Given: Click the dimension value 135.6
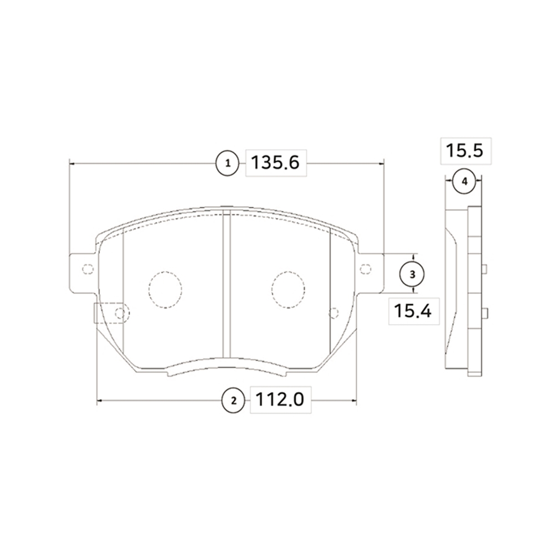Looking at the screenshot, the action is point(275,163).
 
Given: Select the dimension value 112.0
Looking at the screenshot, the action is point(279,399).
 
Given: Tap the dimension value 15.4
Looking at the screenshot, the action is point(413,311).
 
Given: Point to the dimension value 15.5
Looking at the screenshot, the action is point(464,151).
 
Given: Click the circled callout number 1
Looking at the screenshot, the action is point(228,163).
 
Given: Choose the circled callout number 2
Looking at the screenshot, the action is point(233,401).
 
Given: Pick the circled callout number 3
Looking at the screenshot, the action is point(412,274).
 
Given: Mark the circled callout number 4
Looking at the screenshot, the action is point(465,182).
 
